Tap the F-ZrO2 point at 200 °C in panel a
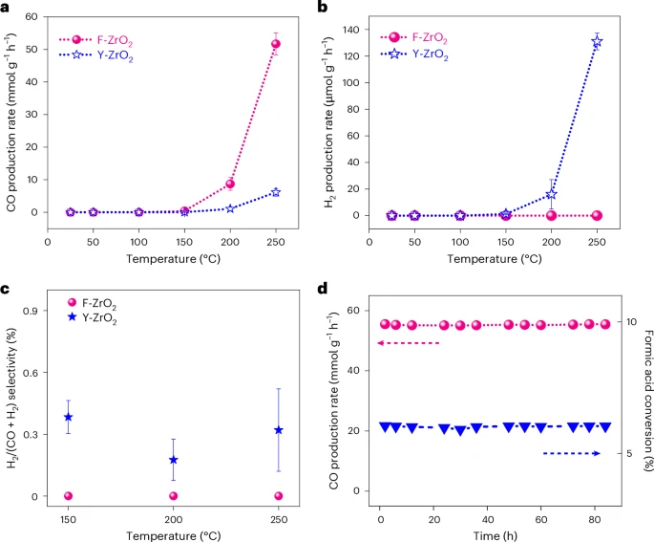[x=230, y=184]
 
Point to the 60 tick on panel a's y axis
[x=36, y=17]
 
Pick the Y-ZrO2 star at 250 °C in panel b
[x=597, y=42]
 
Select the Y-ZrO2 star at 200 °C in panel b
[x=551, y=194]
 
